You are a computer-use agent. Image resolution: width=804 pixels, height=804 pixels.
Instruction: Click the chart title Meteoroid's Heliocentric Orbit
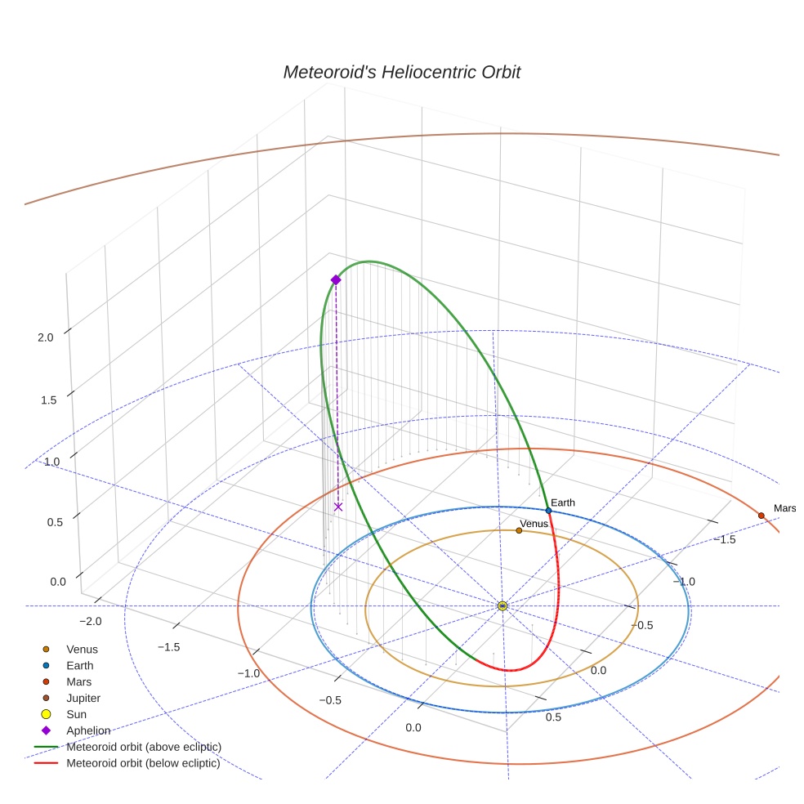pos(401,73)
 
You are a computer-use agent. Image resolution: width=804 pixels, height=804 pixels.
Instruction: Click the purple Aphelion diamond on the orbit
pos(336,280)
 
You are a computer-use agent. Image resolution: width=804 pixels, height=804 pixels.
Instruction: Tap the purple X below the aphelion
pos(338,507)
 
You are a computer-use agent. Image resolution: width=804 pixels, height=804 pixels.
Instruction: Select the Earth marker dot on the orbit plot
pos(548,511)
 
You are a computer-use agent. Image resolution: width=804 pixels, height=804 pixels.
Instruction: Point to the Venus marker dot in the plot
pos(519,531)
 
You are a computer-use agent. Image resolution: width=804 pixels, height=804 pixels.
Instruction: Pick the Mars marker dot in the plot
pos(761,516)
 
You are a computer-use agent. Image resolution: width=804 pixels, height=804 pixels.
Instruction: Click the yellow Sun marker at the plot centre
pos(502,605)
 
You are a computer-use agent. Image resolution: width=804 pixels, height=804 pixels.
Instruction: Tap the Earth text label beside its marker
pos(563,502)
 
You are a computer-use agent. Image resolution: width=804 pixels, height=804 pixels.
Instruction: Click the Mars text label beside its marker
pos(784,508)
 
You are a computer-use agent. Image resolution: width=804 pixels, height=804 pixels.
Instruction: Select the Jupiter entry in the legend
pos(83,699)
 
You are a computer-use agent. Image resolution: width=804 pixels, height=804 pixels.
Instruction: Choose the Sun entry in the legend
pos(76,714)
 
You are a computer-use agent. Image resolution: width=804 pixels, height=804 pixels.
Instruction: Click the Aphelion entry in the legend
pos(88,730)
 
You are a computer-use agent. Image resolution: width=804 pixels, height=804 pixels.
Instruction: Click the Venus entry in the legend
pos(82,650)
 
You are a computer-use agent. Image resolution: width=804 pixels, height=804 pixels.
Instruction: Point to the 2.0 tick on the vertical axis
pos(46,337)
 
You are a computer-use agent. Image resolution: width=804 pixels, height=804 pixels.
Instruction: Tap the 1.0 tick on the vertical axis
pos(51,462)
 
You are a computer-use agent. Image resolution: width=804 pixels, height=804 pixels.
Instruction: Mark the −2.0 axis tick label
pos(90,621)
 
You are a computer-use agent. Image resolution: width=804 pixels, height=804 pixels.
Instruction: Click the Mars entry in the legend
pos(78,682)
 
